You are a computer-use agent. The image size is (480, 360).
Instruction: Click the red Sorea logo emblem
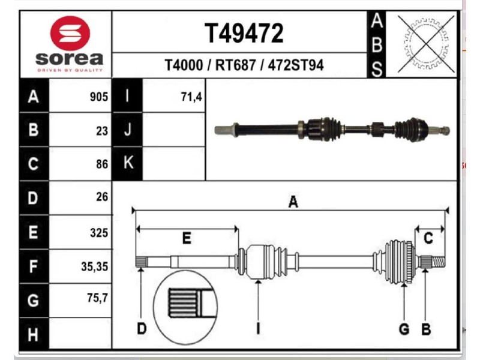[70, 32]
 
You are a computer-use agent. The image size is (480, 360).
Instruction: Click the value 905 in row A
[98, 97]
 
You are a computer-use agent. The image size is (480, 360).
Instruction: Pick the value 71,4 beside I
[191, 97]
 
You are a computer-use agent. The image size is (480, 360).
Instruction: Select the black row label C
[34, 164]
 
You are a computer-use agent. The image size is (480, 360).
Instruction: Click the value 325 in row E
[98, 232]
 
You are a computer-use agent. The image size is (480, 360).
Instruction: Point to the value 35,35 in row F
[95, 266]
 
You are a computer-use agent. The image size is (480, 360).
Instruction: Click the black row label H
[34, 332]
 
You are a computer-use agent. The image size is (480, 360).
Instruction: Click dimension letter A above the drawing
[293, 202]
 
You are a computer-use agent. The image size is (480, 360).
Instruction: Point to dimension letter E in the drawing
[187, 239]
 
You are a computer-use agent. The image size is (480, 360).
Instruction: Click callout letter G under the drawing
[404, 329]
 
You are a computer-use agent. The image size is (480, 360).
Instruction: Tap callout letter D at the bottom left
[141, 329]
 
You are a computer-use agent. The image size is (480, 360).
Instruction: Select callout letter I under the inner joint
[258, 329]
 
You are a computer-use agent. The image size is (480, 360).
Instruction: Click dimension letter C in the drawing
[428, 239]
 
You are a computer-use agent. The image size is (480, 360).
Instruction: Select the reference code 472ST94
[296, 65]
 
